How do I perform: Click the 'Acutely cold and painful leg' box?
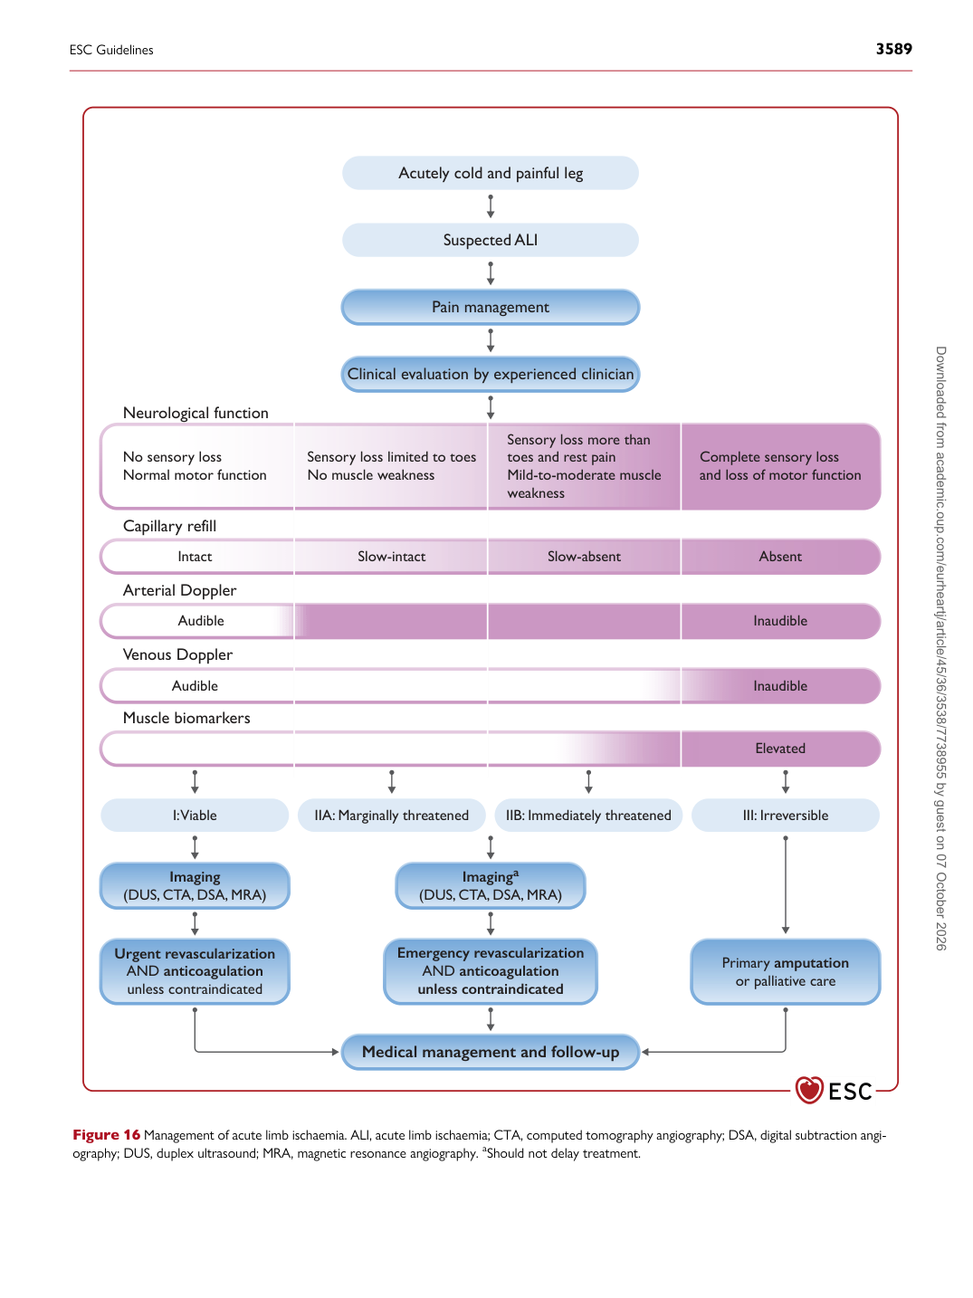[490, 173]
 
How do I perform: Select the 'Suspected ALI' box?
[490, 240]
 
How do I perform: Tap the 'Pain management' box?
[490, 307]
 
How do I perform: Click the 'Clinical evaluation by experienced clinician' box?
[490, 374]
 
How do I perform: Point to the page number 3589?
[893, 49]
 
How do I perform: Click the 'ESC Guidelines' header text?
[111, 50]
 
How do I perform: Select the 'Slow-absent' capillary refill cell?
[584, 557]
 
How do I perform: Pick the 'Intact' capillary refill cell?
[196, 557]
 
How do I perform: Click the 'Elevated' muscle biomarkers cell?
[780, 748]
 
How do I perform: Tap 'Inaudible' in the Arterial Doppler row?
[780, 620]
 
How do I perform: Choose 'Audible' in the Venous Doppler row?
[196, 685]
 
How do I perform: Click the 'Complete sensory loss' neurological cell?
[780, 466]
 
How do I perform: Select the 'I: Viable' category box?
[195, 815]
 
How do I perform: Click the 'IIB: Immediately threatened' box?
[588, 815]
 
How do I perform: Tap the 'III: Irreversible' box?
[785, 815]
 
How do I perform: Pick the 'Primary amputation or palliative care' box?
[785, 971]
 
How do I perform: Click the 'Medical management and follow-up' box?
[490, 1052]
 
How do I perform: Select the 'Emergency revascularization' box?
[490, 971]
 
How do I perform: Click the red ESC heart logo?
[808, 1089]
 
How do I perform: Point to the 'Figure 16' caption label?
[107, 1135]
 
